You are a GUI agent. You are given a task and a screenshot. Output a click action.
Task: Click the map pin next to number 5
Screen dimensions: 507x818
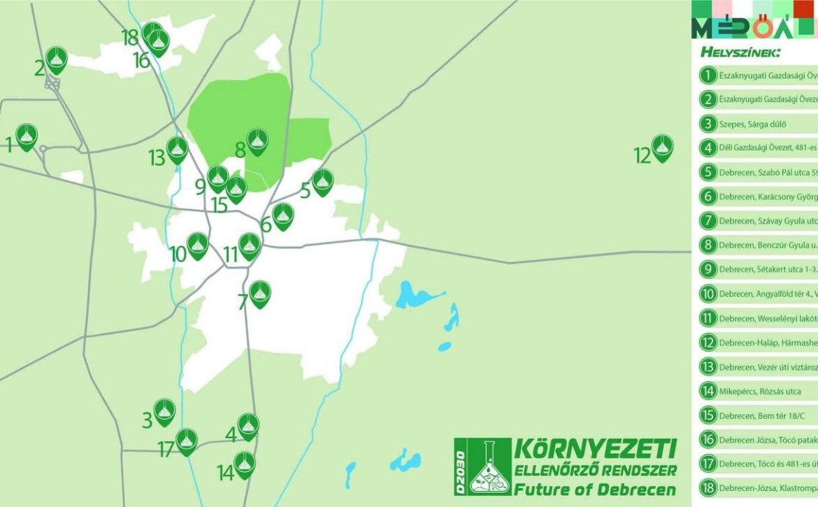tap(322, 182)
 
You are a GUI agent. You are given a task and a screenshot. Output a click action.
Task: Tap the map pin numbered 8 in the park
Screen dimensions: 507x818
tap(258, 142)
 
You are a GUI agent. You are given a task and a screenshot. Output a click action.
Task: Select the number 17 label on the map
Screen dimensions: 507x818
tap(165, 449)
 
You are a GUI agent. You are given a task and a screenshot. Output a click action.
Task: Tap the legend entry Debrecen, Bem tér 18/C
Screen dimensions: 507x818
tap(754, 415)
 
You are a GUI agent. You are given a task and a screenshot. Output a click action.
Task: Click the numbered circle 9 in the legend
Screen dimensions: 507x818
tap(708, 269)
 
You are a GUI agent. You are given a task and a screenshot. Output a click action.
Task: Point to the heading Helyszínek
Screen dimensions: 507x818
tap(740, 52)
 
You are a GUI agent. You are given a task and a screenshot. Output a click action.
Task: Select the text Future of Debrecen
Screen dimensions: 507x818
tap(595, 488)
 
